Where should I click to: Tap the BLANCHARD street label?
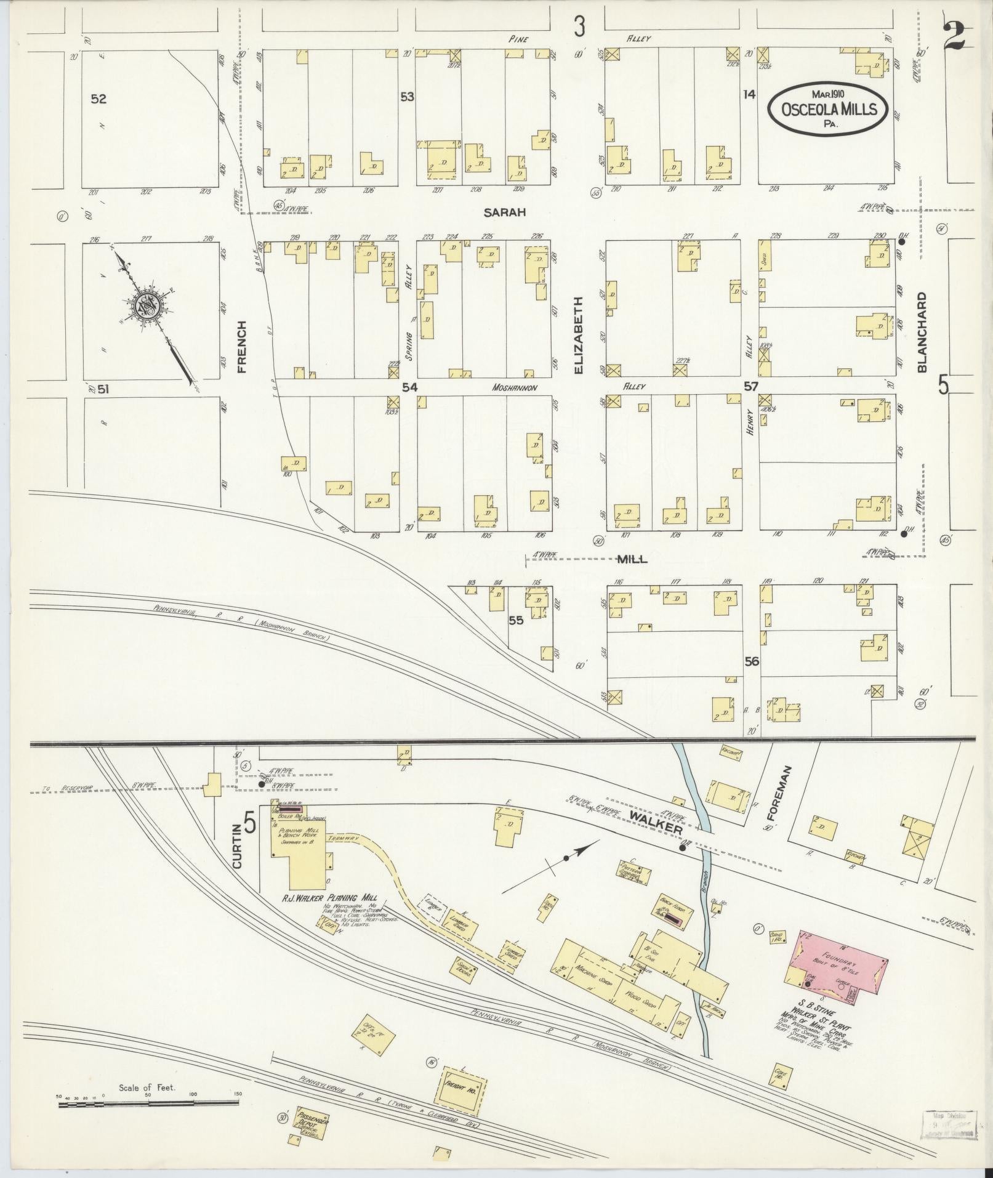922,332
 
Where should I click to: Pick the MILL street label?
633,559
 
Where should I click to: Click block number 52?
98,99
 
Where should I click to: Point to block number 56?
751,661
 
